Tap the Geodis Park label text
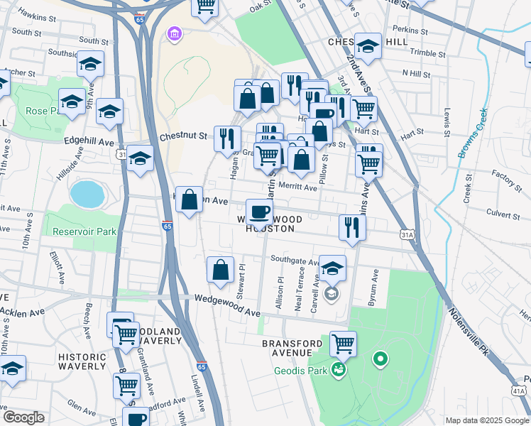(300, 371)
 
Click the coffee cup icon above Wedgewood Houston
(259, 211)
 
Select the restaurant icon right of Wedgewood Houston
(352, 227)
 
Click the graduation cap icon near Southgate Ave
(332, 268)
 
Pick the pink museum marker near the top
(173, 33)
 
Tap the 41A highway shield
(518, 390)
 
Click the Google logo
(24, 417)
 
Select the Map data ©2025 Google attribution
(486, 420)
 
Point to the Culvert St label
(504, 212)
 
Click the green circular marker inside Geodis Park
(380, 360)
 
